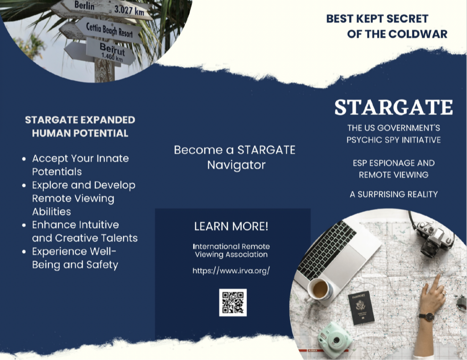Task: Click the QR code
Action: (233, 303)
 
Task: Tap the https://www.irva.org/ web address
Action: (231, 271)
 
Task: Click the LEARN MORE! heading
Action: (231, 226)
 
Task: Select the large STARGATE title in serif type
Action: (394, 108)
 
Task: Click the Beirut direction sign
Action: (111, 51)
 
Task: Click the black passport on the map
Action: (361, 307)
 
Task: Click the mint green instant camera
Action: (334, 340)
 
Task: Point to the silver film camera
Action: (433, 238)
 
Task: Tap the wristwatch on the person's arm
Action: (426, 317)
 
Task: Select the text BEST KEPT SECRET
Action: (377, 19)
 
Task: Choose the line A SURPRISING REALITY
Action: (394, 194)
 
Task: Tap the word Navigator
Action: (236, 165)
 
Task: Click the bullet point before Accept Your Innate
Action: (24, 159)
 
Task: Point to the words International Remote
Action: (231, 246)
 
